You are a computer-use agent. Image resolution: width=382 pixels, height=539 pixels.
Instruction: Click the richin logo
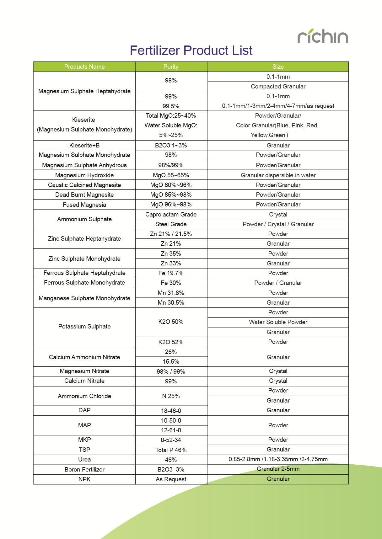[323, 36]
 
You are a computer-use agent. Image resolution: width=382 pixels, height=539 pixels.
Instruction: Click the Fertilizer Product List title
[191, 51]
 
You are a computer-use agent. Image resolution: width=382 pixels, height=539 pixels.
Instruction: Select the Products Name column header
[84, 67]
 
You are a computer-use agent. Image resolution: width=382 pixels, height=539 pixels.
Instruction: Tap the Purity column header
[171, 67]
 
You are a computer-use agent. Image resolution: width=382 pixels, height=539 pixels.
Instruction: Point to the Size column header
[278, 67]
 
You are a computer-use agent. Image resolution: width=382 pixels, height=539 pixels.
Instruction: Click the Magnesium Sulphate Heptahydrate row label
[84, 91]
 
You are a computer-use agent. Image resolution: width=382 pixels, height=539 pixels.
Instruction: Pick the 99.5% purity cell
[171, 106]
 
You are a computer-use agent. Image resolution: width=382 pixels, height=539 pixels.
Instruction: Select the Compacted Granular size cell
[278, 86]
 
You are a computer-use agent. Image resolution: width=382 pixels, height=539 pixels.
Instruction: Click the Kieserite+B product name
[84, 145]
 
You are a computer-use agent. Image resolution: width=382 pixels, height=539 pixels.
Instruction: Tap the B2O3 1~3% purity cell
[171, 145]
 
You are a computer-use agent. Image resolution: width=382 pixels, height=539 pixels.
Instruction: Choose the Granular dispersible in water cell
[278, 175]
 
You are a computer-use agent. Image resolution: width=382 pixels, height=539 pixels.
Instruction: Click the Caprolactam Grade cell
[171, 214]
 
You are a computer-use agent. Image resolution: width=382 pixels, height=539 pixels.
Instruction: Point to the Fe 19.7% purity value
[171, 273]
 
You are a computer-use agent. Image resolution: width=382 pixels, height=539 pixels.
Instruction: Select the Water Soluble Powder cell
[278, 322]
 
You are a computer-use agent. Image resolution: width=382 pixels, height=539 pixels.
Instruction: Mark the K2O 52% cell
[171, 342]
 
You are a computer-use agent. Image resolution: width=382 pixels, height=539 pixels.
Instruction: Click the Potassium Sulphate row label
[84, 327]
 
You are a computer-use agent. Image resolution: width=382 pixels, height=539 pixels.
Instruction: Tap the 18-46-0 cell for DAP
[171, 411]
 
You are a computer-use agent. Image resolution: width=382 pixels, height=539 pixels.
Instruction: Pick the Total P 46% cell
[171, 450]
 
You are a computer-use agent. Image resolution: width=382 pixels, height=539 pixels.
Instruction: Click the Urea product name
[84, 460]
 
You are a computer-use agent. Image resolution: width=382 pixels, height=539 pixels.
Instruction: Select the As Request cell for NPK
[171, 479]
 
